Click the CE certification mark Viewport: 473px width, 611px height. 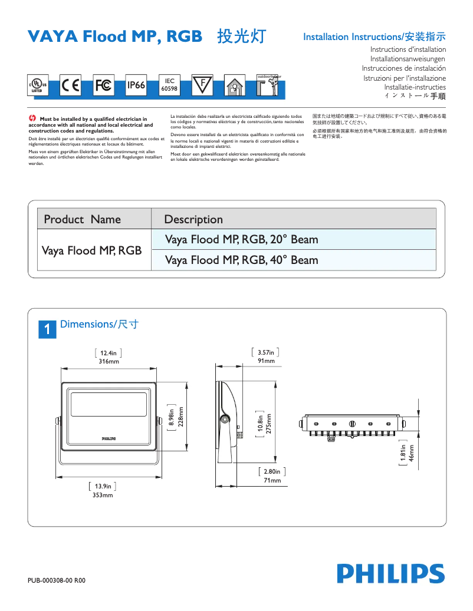click(x=71, y=85)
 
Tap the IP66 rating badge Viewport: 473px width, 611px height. click(x=136, y=85)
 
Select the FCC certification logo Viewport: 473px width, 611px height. click(x=103, y=85)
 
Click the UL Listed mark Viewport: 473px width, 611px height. click(x=38, y=86)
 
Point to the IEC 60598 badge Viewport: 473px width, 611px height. click(x=169, y=85)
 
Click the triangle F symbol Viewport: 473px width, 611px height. click(x=202, y=85)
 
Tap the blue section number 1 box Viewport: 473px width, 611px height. click(x=47, y=329)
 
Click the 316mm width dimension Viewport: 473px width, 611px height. click(x=109, y=361)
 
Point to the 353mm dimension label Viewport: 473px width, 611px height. click(x=103, y=495)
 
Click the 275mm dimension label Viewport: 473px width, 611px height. click(x=268, y=425)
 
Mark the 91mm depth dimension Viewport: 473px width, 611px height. click(x=265, y=361)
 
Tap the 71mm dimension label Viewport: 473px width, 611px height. click(x=272, y=481)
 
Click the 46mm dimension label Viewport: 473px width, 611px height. click(x=412, y=453)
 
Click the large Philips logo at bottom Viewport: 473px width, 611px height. click(x=390, y=573)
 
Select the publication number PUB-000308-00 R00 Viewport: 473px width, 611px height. click(x=57, y=580)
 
